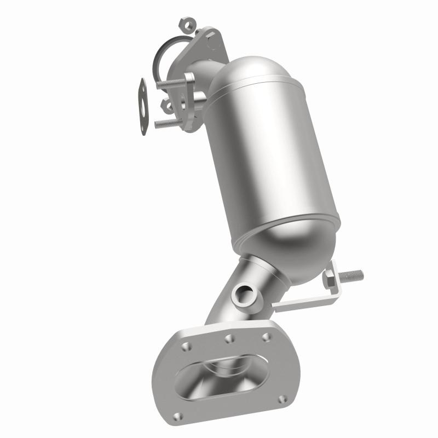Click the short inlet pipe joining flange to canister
point(205,77)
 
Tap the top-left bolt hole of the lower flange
point(187,345)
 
